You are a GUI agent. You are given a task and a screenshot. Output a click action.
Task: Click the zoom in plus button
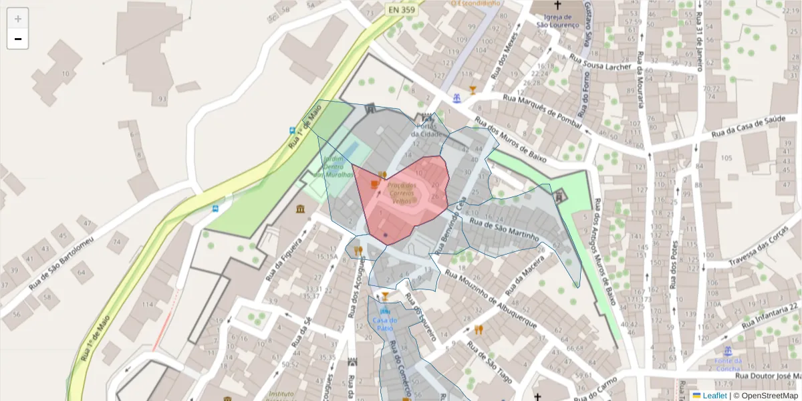point(18,19)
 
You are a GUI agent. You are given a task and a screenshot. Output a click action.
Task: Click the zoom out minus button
point(18,39)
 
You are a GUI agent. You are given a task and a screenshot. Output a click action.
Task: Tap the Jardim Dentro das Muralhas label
point(338,167)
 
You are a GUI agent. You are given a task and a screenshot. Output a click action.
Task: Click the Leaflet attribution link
point(714,396)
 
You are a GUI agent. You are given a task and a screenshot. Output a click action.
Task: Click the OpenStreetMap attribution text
point(765,396)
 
